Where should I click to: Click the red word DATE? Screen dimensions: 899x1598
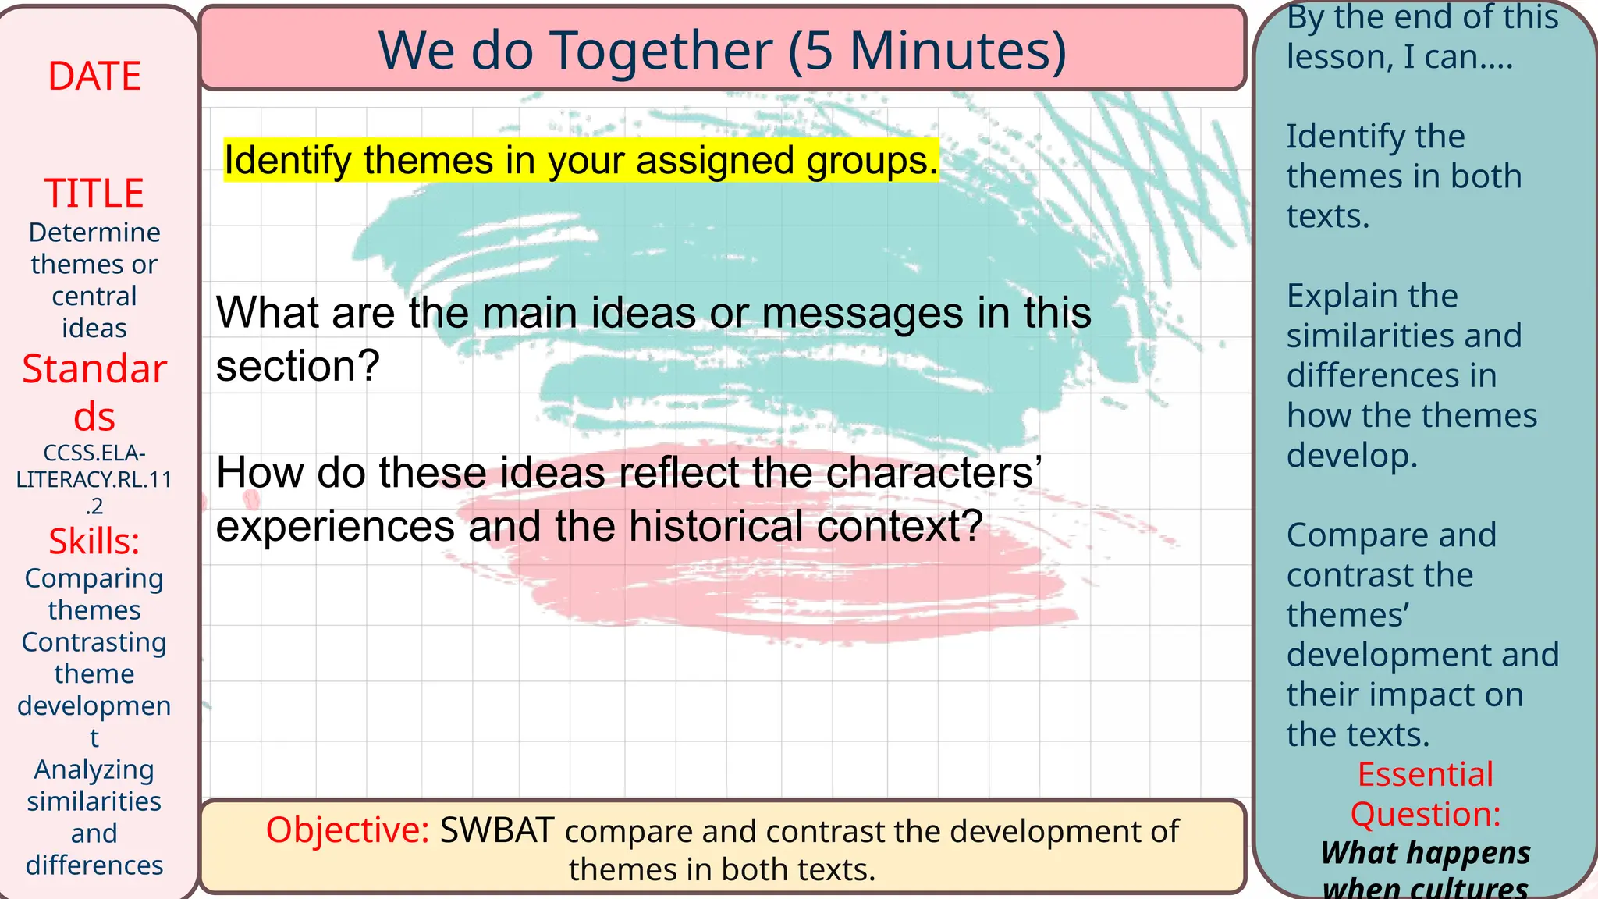pos(94,76)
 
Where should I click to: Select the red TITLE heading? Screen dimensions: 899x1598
pos(94,193)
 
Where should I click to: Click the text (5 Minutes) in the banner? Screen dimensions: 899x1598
pos(927,51)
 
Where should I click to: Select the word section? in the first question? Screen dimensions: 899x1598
pos(297,366)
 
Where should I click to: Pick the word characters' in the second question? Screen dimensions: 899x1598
pos(934,472)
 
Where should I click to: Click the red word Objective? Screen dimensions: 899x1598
pos(347,830)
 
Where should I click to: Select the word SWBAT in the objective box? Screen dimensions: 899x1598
pos(497,830)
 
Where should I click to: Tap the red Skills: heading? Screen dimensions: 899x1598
pos(94,541)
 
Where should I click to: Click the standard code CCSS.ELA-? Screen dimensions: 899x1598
pos(94,453)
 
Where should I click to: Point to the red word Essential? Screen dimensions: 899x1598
pos(1425,774)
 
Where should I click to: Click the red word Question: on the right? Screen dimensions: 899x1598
pos(1426,814)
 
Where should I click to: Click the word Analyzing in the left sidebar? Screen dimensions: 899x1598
pos(94,769)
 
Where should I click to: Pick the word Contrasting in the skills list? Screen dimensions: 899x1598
pos(94,642)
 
